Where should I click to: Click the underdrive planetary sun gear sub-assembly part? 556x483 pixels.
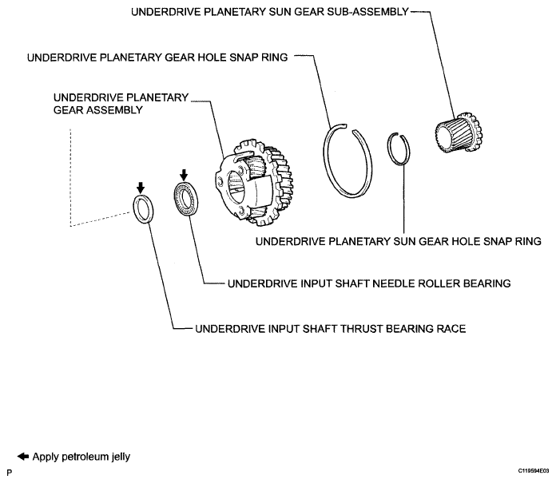point(458,133)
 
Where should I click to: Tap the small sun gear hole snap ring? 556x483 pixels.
point(389,148)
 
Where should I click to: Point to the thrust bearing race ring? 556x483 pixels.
point(135,209)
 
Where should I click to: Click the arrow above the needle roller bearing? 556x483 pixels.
point(183,175)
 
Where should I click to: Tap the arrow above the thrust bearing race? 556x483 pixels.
point(141,188)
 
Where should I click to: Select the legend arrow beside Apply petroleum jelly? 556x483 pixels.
point(23,457)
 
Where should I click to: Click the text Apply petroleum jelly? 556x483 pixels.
point(81,457)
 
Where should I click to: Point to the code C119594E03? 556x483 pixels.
point(534,471)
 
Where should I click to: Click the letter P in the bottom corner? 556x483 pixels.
point(10,473)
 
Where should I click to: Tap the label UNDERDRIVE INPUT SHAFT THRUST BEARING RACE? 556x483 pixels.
point(331,329)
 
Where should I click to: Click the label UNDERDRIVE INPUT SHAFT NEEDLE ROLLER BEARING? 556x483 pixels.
point(369,283)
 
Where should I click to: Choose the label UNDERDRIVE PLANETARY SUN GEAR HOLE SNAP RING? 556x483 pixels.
point(399,241)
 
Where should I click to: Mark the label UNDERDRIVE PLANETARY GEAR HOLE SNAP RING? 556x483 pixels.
point(157,57)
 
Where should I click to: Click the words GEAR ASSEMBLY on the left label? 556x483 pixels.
point(98,110)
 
